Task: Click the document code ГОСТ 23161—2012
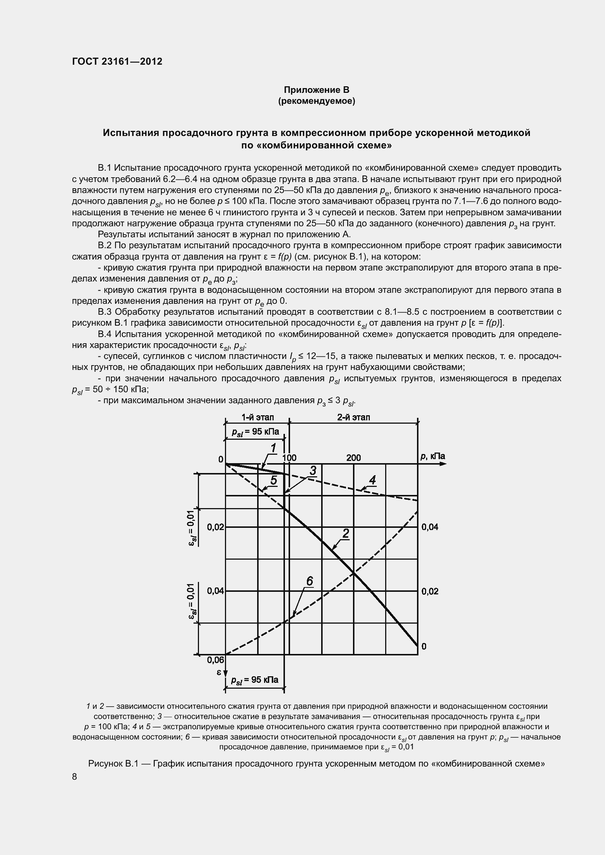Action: pyautogui.click(x=117, y=61)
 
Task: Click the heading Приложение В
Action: pyautogui.click(x=316, y=90)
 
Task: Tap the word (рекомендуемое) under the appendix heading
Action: pyautogui.click(x=316, y=101)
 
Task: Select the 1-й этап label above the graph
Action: pyautogui.click(x=258, y=417)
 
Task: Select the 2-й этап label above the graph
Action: pyautogui.click(x=354, y=417)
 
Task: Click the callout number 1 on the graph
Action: pyautogui.click(x=273, y=448)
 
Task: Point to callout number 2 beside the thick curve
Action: pyautogui.click(x=346, y=534)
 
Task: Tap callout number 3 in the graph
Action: pyautogui.click(x=313, y=471)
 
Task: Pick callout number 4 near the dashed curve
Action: pyautogui.click(x=372, y=480)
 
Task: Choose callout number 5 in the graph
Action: pyautogui.click(x=274, y=480)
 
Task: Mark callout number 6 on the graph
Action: pyautogui.click(x=309, y=581)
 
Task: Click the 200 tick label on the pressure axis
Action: pyautogui.click(x=354, y=458)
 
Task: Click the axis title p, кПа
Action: pyautogui.click(x=432, y=456)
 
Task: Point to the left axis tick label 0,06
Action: pyautogui.click(x=216, y=660)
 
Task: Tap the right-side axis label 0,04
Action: pyautogui.click(x=430, y=527)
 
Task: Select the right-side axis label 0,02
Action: pyautogui.click(x=430, y=591)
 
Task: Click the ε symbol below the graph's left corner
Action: pyautogui.click(x=219, y=672)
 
